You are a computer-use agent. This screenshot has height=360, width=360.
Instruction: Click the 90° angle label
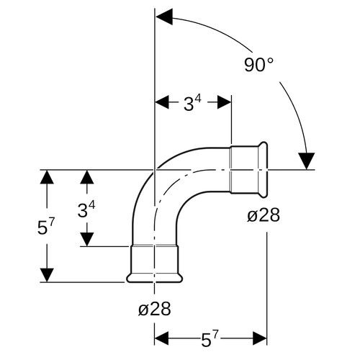259,65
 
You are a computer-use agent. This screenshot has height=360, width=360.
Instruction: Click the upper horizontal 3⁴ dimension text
192,104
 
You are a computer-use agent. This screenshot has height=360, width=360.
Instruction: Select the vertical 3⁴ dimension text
86,209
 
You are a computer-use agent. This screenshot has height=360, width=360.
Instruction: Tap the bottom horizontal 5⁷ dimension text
210,339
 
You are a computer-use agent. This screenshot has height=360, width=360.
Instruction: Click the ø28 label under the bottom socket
155,309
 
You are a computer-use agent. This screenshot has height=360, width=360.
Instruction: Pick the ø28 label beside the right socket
264,215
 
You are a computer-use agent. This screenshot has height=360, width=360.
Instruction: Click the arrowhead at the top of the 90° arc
164,17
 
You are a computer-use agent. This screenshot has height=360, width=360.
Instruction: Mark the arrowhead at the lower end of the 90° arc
307,161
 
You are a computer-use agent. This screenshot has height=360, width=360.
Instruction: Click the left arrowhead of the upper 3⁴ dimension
162,102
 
